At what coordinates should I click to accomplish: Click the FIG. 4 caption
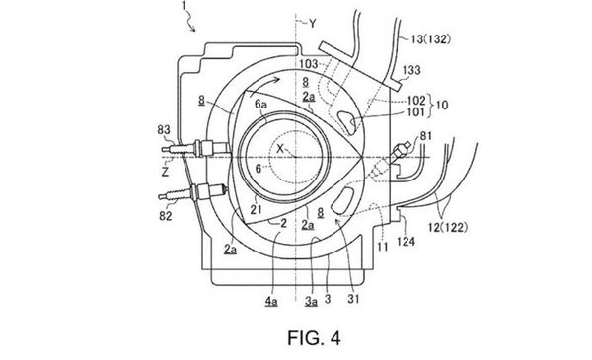(314, 338)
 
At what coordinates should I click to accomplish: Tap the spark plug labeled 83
(195, 148)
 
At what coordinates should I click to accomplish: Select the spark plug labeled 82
(193, 191)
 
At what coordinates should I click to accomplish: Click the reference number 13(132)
(430, 38)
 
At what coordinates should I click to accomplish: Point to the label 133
(411, 70)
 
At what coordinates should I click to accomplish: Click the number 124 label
(407, 241)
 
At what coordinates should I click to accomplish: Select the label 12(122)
(448, 227)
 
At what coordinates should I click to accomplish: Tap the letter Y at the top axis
(312, 24)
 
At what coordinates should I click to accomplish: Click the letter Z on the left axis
(165, 172)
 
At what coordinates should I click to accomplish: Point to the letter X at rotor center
(280, 148)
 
